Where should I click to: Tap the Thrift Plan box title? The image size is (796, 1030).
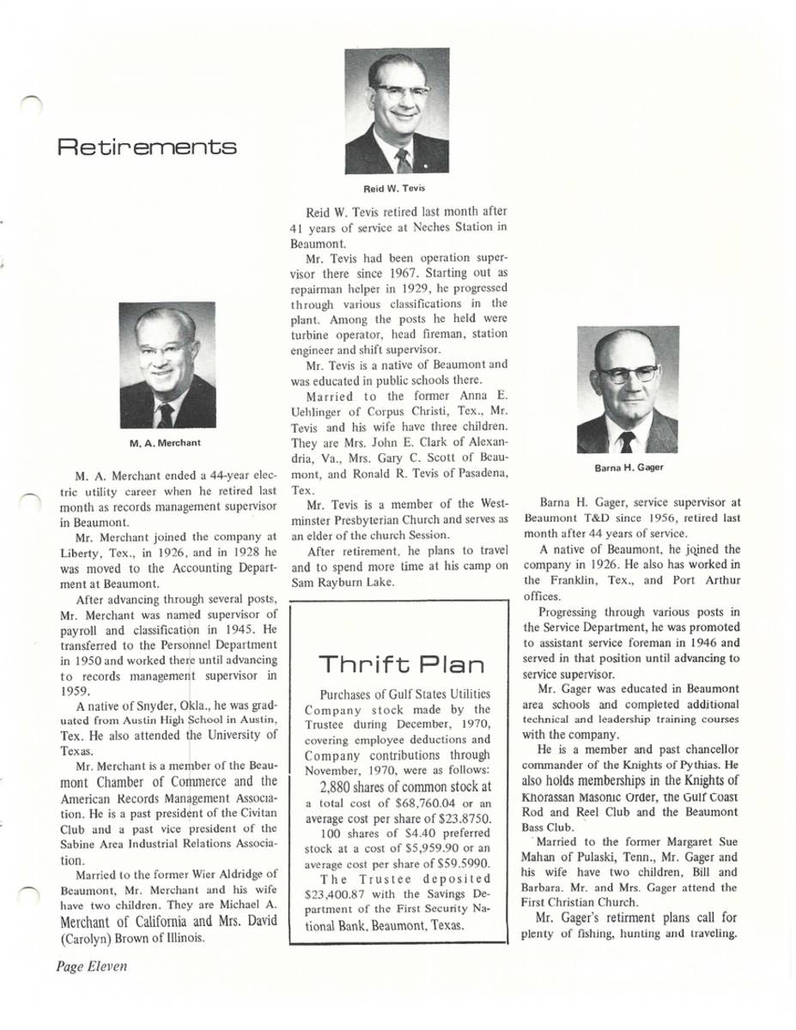402,664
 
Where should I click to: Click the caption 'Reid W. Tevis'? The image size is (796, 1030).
397,188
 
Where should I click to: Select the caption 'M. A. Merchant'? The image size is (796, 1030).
167,443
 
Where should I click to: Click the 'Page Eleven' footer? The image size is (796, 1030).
92,966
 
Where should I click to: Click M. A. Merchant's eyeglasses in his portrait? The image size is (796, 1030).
166,349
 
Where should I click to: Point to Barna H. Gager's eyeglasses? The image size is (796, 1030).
628,373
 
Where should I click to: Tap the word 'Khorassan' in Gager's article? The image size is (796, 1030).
555,796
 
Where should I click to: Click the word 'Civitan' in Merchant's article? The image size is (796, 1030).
254,814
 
